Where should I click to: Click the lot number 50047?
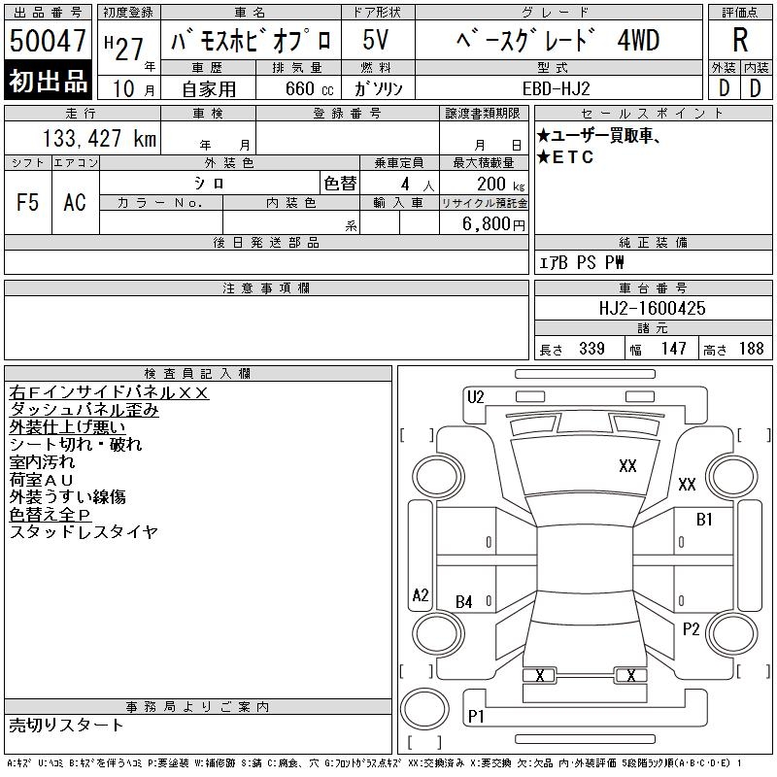click(48, 41)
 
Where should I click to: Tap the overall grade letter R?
click(740, 40)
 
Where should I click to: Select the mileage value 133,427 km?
click(99, 138)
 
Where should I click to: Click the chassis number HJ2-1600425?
click(652, 308)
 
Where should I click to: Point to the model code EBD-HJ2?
click(556, 88)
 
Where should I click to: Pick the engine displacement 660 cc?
click(310, 88)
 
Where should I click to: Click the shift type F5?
click(28, 202)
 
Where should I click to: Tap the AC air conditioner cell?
click(75, 202)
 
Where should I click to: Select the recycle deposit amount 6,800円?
click(493, 224)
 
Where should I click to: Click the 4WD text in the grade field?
click(638, 40)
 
